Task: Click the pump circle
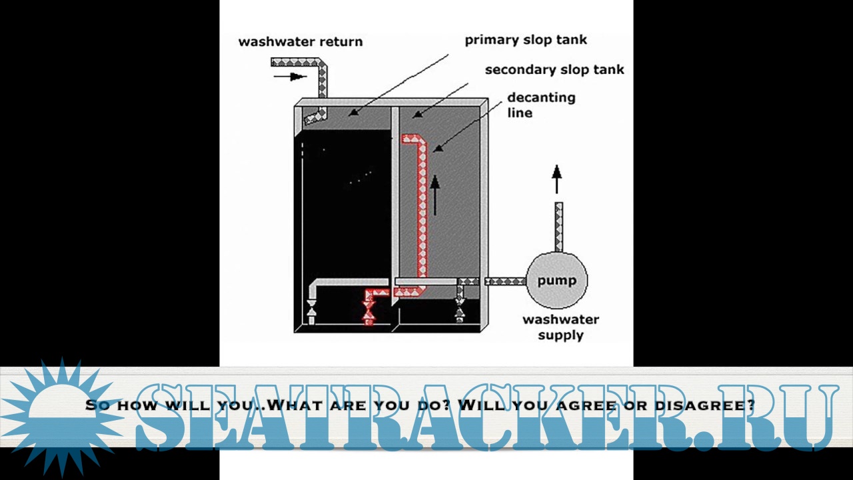(556, 281)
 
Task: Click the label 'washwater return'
(301, 41)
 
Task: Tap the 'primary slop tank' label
(526, 40)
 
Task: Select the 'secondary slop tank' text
(554, 69)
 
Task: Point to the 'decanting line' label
(540, 105)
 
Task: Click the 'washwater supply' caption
(560, 327)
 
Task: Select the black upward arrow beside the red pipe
(434, 195)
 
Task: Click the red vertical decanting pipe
(422, 213)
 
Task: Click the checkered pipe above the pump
(558, 227)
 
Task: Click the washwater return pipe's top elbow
(321, 64)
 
